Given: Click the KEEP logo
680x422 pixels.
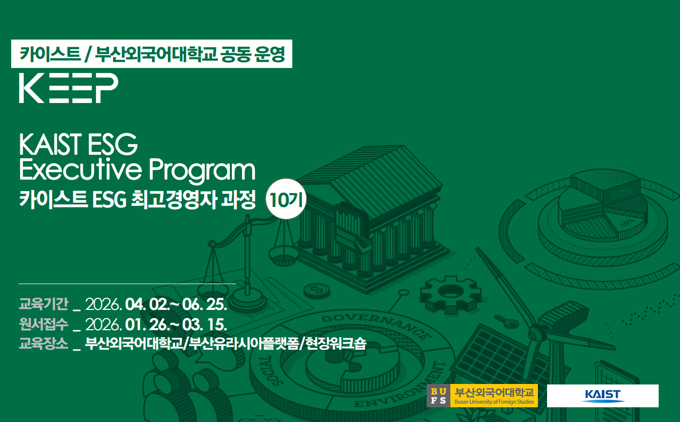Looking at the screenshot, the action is tap(69, 88).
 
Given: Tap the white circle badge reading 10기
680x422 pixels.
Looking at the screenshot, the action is tap(286, 199).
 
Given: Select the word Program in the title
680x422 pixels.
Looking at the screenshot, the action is tap(202, 170).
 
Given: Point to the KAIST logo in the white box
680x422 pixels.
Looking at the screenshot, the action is tap(602, 396).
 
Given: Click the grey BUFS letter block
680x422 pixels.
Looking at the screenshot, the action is tap(438, 396).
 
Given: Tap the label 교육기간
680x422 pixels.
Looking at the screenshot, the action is tap(44, 304).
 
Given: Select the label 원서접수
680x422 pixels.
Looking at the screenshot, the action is tap(44, 324).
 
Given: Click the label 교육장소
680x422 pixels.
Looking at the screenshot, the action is tap(44, 344).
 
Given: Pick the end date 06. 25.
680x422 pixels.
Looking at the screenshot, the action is tap(205, 304).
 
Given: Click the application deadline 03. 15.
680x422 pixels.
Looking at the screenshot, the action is tap(205, 324).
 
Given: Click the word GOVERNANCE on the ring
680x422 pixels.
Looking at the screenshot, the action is tap(377, 325).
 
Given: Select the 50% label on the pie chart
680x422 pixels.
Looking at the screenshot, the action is tap(622, 193).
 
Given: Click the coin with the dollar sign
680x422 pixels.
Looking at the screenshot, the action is tap(317, 290).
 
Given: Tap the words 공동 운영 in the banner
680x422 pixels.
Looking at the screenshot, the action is tap(253, 54).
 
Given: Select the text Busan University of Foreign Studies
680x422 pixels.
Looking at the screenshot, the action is tap(494, 402).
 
